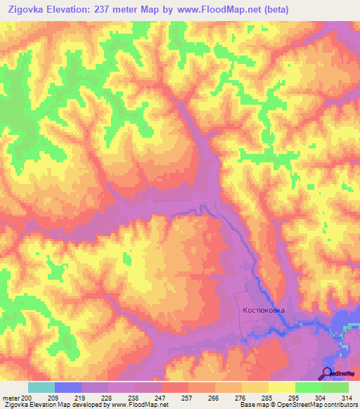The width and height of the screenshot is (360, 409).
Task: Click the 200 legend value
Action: (27, 397)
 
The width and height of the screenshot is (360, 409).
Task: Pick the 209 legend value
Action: (53, 397)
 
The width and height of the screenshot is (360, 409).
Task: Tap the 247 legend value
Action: (160, 397)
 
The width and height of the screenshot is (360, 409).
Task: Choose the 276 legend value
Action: (240, 397)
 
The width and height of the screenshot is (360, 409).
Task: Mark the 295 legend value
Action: (294, 397)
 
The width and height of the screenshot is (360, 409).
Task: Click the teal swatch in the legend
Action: (41, 387)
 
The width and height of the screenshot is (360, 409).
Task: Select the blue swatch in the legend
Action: (67, 387)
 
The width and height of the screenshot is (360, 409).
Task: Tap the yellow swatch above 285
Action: (255, 387)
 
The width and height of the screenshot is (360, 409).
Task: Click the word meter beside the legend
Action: (10, 397)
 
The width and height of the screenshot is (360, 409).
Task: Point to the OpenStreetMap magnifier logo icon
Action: (327, 373)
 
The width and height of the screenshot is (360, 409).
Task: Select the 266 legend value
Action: (214, 397)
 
